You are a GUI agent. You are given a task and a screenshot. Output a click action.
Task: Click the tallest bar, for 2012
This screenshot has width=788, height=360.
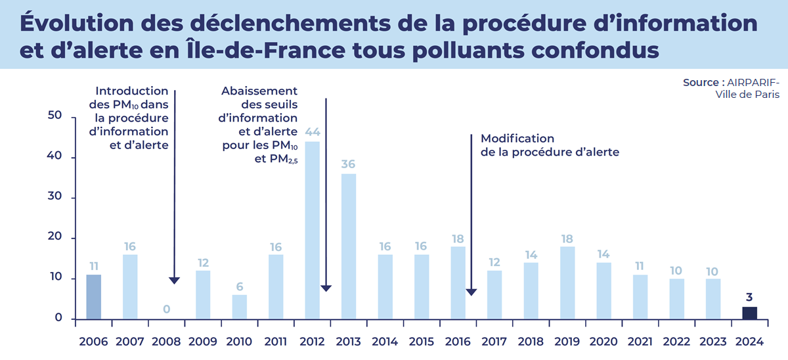[x=313, y=230]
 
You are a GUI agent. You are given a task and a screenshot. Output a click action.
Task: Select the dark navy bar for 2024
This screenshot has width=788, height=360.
[x=750, y=313]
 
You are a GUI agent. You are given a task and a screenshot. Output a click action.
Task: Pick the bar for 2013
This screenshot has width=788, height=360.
[x=349, y=246]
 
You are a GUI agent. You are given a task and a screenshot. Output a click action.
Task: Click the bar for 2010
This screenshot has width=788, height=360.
[x=240, y=307]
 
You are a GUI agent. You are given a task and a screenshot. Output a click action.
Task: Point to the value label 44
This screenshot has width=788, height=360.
[x=313, y=131]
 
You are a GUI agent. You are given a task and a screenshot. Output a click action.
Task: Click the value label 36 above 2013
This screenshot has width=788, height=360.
[x=349, y=164]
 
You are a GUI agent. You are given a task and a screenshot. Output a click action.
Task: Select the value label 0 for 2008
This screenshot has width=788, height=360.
[x=167, y=309]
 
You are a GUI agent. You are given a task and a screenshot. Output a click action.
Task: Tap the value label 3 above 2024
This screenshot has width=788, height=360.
[x=750, y=296]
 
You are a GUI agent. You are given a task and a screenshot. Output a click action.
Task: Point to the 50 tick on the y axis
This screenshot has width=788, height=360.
[x=55, y=116]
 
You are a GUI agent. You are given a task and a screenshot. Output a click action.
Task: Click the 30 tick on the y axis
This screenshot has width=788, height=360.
[x=55, y=197]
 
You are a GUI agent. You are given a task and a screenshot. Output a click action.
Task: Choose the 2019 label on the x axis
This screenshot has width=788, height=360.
[x=567, y=342]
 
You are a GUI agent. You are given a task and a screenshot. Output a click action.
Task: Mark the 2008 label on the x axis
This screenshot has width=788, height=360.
[x=167, y=342]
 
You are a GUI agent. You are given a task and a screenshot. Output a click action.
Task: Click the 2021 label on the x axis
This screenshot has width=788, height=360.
[x=640, y=342]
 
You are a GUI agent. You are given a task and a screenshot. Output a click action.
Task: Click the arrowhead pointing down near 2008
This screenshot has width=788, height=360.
[x=174, y=281]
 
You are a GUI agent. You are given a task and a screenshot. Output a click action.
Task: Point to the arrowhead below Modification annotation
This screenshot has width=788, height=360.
[x=471, y=292]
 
